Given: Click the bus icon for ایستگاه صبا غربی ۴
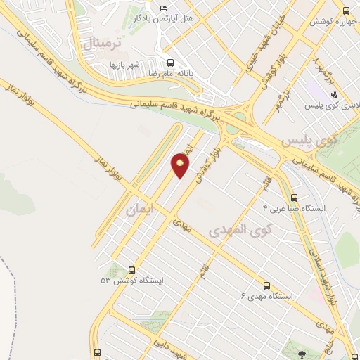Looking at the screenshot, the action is (293, 198).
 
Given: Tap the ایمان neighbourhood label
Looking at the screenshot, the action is (139, 210).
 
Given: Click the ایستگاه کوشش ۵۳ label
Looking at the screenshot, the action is (131, 280).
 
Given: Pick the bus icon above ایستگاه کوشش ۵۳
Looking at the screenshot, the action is (131, 269).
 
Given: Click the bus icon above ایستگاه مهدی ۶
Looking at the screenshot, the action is (266, 285).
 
